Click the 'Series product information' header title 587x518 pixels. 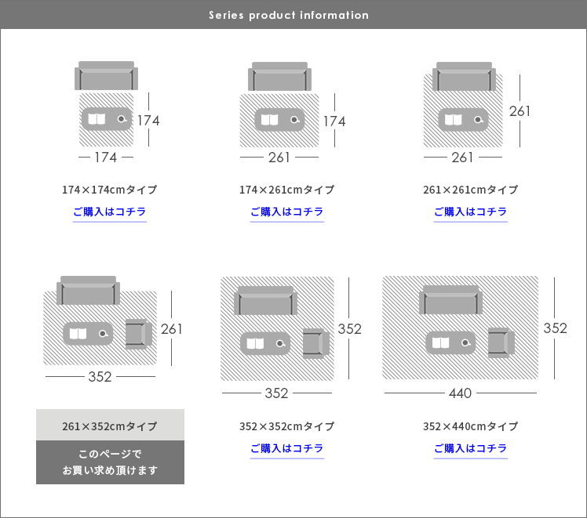point(289,15)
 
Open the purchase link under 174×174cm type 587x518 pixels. point(109,212)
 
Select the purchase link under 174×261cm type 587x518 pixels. point(286,212)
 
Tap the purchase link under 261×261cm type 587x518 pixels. point(471,212)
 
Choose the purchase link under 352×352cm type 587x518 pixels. point(286,448)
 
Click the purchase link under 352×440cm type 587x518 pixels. point(471,448)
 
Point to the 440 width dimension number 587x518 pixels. point(460,393)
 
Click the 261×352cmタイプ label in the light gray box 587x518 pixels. point(110,426)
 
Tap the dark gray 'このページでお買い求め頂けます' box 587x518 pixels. point(110,462)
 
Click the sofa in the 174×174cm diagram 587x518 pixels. point(106,76)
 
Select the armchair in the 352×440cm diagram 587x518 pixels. point(501,342)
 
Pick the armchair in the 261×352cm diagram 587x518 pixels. point(139,334)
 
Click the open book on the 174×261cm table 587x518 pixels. point(269,120)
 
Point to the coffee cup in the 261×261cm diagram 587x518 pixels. point(479,120)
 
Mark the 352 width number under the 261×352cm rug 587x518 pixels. point(100,377)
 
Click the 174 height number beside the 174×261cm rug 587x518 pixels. point(334,121)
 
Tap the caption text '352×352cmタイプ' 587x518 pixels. point(286,426)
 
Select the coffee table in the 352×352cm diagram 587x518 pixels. point(265,343)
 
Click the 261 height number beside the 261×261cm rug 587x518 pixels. point(520,111)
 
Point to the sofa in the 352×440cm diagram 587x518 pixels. point(450,299)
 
